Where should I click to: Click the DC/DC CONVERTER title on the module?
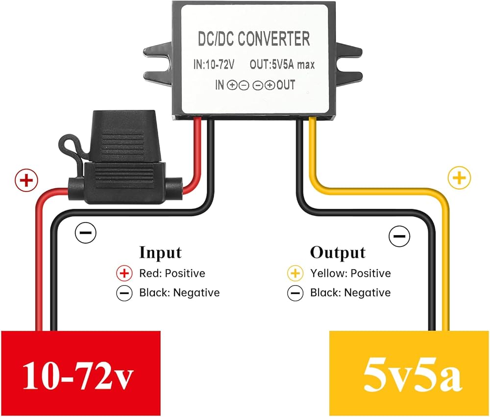tap(254, 39)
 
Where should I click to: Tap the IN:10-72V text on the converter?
tap(214, 64)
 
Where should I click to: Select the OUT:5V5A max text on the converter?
tap(282, 64)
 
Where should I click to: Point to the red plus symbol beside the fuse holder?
tap(26, 180)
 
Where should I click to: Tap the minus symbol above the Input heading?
tap(86, 233)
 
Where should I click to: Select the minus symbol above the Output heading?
tap(399, 236)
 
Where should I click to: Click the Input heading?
tap(160, 252)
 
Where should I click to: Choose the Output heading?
tap(338, 252)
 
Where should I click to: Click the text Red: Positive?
tap(172, 273)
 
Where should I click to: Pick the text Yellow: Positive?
tap(351, 273)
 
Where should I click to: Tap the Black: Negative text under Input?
tap(179, 293)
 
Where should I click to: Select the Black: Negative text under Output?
tap(350, 293)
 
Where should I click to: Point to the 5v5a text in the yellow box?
tap(413, 376)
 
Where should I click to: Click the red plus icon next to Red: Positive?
tap(124, 273)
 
